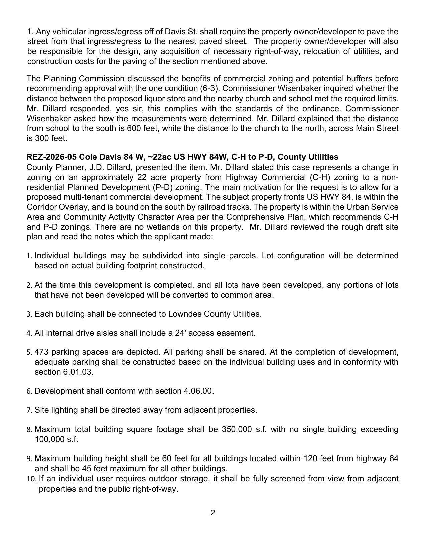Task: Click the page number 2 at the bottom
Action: (213, 513)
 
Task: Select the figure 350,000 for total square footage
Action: (237, 429)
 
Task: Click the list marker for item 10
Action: (31, 479)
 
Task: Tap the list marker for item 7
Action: (29, 410)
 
